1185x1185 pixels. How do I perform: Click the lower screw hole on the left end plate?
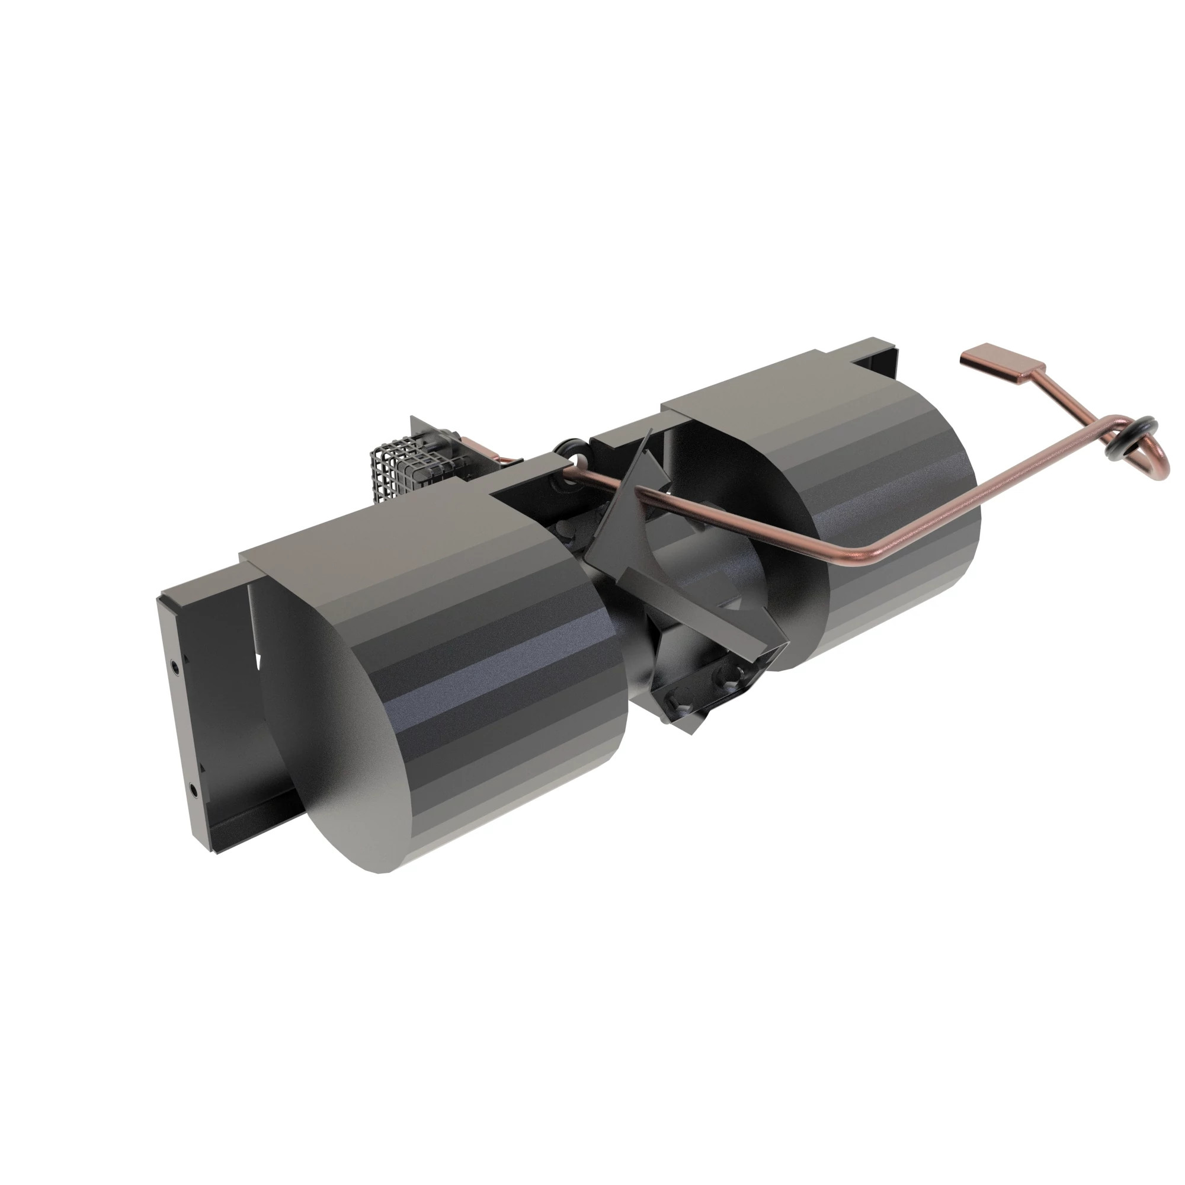pyautogui.click(x=193, y=791)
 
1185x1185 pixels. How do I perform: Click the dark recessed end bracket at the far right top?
pyautogui.click(x=880, y=362)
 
